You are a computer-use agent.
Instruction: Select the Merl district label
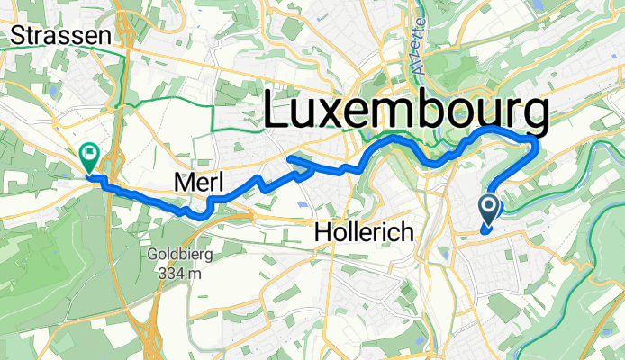196,183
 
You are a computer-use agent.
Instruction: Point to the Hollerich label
364,233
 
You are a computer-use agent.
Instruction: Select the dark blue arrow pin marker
489,210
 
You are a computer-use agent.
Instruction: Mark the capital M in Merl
179,183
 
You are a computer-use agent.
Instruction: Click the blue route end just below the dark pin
484,231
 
